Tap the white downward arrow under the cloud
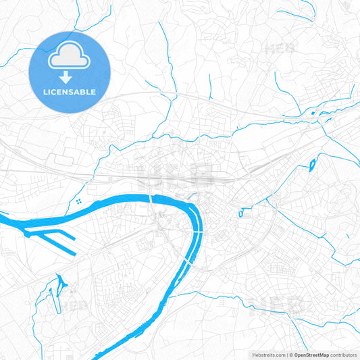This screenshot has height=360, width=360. pos(70,77)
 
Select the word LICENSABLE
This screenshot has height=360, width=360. pos(70,91)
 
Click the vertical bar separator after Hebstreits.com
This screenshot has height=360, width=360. pos(286,354)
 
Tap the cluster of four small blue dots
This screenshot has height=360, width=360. pos(80,201)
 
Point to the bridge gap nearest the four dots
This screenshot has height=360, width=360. pos(150,197)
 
